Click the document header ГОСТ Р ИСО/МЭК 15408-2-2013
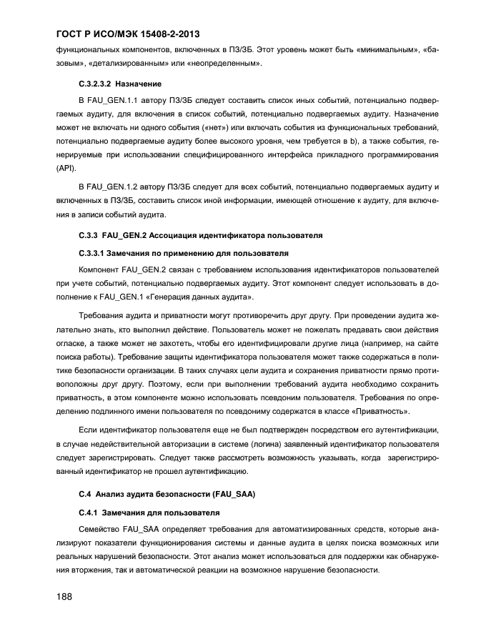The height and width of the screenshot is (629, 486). point(128,34)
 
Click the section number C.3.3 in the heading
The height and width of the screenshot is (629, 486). point(87,234)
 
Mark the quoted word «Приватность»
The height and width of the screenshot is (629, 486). point(382,413)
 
